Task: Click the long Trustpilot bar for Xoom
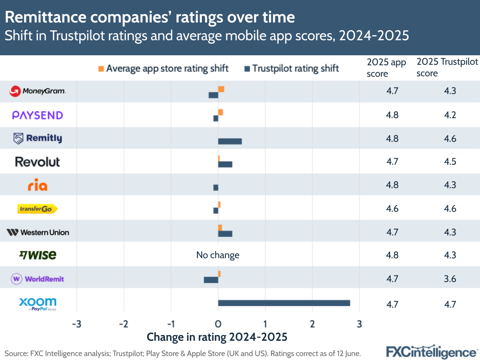(x=283, y=303)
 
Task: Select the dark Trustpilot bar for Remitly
(x=230, y=141)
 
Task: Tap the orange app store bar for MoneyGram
(x=221, y=89)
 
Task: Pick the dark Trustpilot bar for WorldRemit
(x=211, y=280)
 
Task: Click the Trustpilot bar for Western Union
(x=225, y=234)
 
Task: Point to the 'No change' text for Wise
(x=218, y=255)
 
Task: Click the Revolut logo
(x=37, y=162)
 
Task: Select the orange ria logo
(x=37, y=186)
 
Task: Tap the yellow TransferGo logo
(x=37, y=209)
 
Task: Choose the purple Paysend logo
(x=37, y=115)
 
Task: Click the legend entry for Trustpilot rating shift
(x=291, y=68)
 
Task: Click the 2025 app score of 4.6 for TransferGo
(x=392, y=209)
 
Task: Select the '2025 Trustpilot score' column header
(x=447, y=68)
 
